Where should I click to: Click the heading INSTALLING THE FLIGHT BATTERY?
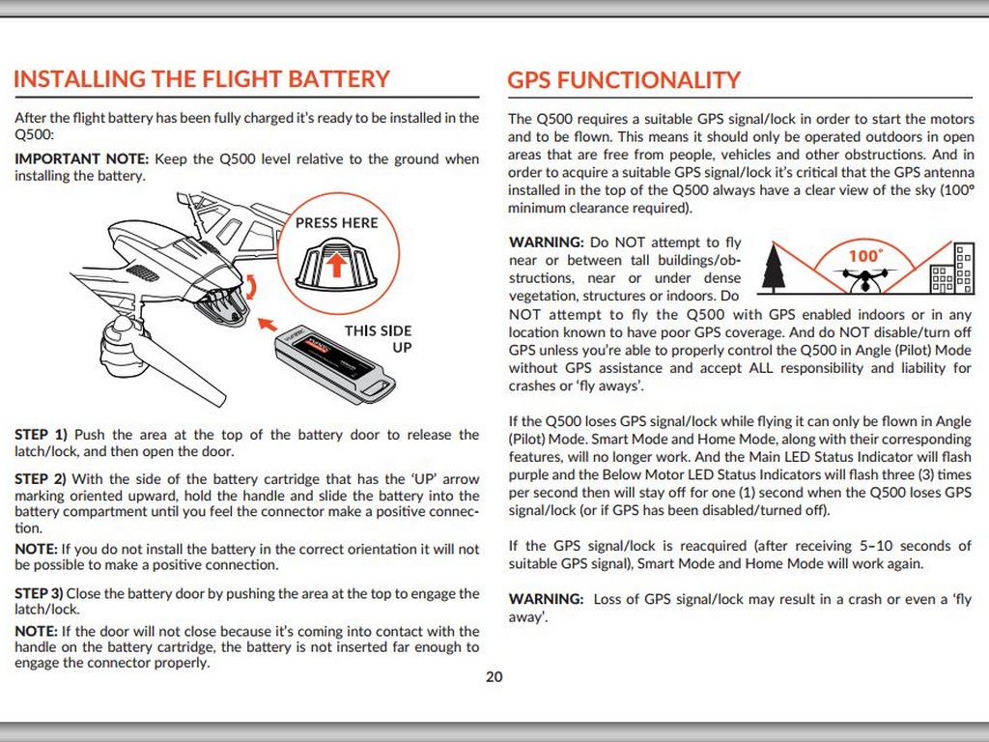coord(202,79)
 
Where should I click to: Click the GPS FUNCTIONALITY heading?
coord(624,80)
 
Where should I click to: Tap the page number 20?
coord(494,676)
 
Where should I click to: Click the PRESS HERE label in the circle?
coord(337,223)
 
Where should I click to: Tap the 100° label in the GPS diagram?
coord(865,256)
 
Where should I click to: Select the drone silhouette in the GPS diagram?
coord(864,278)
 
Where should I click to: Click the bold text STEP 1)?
coord(41,435)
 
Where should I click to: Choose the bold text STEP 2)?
coord(41,479)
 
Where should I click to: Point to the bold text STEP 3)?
coord(40,593)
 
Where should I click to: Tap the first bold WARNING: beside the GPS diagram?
coord(546,243)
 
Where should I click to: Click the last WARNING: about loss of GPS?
coord(546,599)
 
